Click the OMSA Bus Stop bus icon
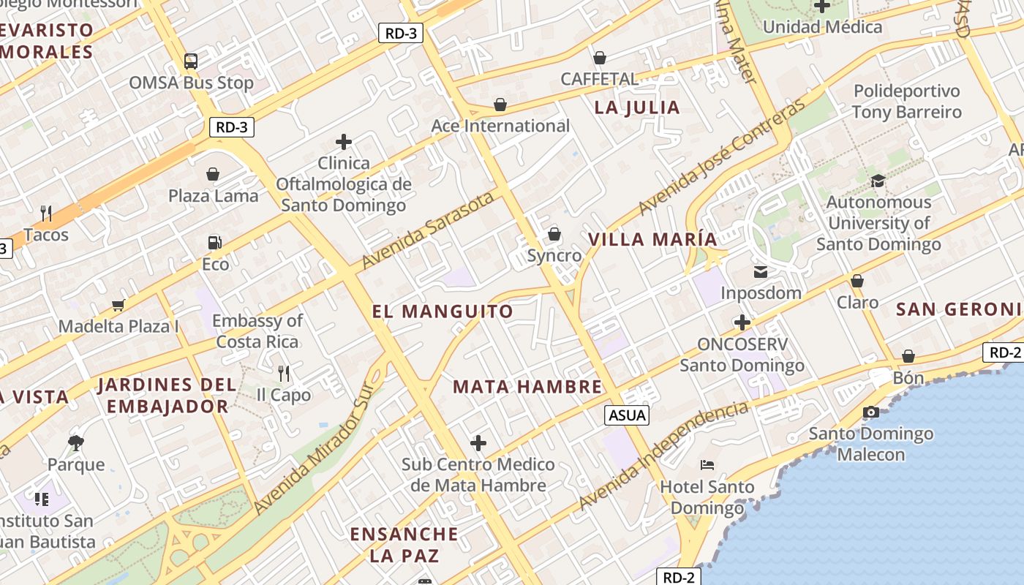191,61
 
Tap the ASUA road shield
628,415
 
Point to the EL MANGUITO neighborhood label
443,312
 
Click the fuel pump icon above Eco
214,242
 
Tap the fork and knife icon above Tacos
46,213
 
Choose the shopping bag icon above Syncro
554,234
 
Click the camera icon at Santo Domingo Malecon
870,412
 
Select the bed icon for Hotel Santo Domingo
707,464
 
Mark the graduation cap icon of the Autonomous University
878,181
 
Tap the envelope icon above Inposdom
761,272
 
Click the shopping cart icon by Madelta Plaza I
118,305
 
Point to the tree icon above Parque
75,442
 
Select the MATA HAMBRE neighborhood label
527,387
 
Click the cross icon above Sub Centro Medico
478,442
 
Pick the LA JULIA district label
637,107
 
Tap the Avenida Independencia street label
663,456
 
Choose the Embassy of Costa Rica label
257,331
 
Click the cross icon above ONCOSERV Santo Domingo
742,322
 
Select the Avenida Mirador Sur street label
319,451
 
